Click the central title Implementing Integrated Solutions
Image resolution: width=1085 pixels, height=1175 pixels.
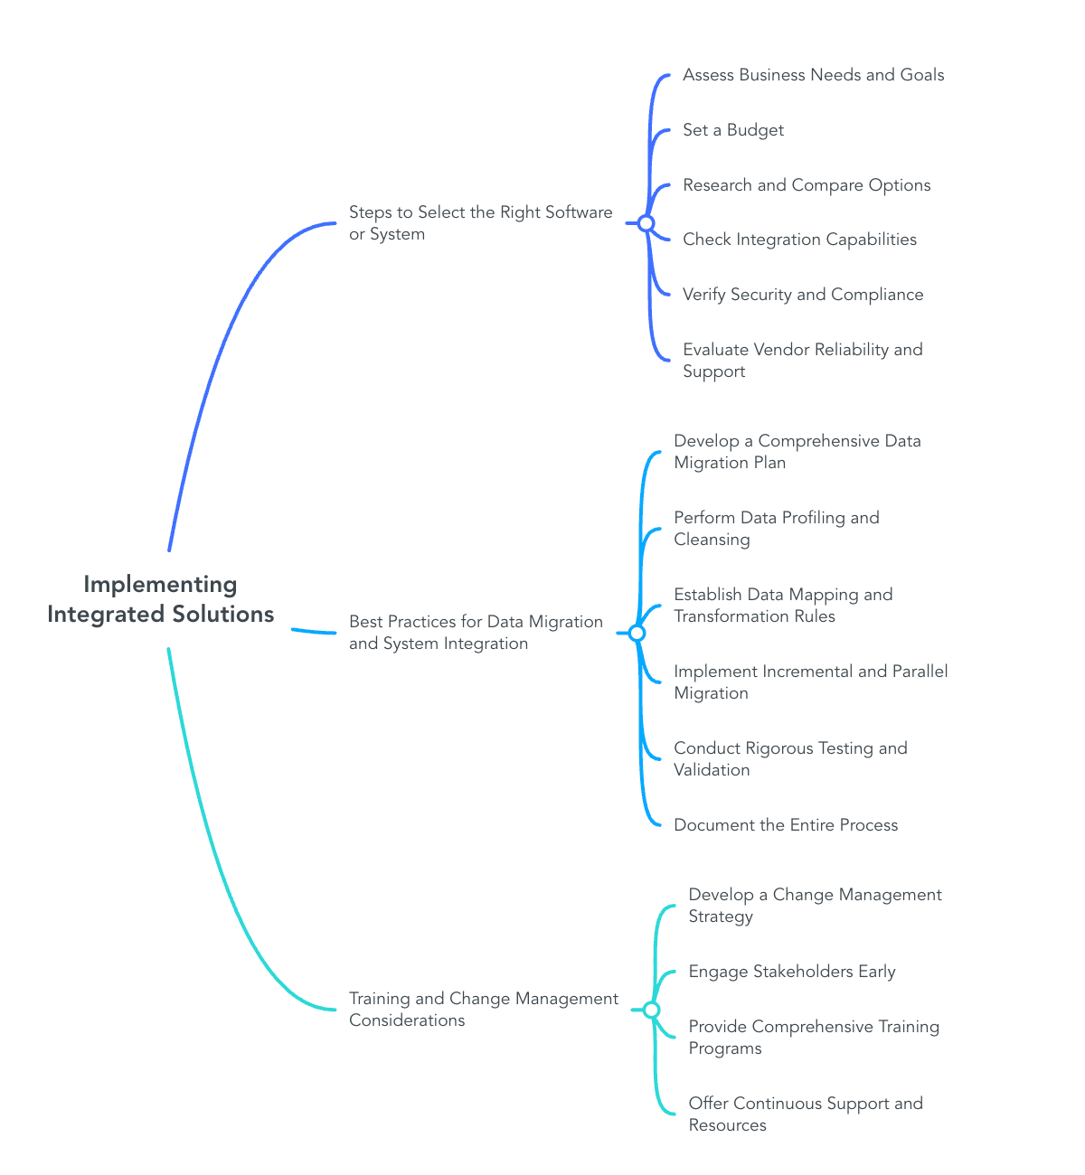pyautogui.click(x=160, y=599)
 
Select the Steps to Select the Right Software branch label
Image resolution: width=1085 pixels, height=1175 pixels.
pyautogui.click(x=480, y=223)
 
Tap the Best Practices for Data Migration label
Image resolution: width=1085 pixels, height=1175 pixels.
pyautogui.click(x=476, y=633)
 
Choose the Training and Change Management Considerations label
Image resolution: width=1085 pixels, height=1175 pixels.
pyautogui.click(x=483, y=1010)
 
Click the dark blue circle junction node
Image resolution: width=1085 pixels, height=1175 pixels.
pyautogui.click(x=646, y=223)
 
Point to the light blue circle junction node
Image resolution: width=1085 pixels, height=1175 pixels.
pyautogui.click(x=637, y=633)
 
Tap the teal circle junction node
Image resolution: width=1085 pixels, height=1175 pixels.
pyautogui.click(x=651, y=1010)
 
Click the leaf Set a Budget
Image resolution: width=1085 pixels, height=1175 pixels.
pyautogui.click(x=732, y=130)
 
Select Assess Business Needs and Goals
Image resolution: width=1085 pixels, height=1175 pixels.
pyautogui.click(x=813, y=75)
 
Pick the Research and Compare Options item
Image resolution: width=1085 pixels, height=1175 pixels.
pyautogui.click(x=807, y=185)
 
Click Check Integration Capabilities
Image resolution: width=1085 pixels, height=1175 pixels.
pyautogui.click(x=799, y=240)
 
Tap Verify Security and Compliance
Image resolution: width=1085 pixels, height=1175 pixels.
pyautogui.click(x=803, y=295)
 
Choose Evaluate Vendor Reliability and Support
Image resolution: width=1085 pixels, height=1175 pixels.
pyautogui.click(x=802, y=361)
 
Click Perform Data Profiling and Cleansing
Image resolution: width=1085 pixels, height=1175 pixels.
pyautogui.click(x=776, y=529)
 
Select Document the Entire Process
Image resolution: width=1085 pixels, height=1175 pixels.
pyautogui.click(x=786, y=825)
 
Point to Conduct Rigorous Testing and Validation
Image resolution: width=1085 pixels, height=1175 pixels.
pyautogui.click(x=790, y=759)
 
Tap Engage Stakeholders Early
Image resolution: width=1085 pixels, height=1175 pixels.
pyautogui.click(x=791, y=972)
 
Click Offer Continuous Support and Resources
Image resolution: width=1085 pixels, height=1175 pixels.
pyautogui.click(x=805, y=1114)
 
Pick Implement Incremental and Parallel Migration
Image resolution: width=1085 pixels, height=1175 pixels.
pyautogui.click(x=810, y=682)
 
